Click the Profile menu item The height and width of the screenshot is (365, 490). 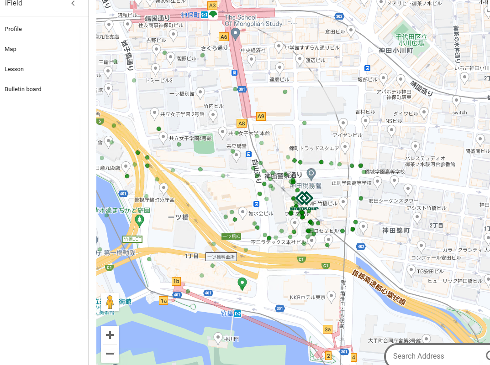13,29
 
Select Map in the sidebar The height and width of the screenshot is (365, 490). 11,49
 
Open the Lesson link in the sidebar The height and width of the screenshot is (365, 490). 14,69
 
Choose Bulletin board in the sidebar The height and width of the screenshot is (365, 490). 23,89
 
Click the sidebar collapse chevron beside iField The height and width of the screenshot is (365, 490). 73,4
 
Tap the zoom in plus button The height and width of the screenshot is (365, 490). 110,335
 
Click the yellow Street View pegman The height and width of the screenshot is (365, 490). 110,302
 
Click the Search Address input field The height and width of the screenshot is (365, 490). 434,356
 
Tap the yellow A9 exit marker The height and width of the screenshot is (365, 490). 261,116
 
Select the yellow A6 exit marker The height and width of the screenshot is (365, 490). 223,36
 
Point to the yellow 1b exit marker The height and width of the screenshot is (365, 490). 176,281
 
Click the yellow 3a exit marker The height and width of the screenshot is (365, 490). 327,329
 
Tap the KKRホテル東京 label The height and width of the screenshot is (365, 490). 307,298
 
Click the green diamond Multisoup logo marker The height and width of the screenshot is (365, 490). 304,199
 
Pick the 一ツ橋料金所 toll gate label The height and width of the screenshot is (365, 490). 221,257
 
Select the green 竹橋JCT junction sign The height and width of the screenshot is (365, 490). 132,239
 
